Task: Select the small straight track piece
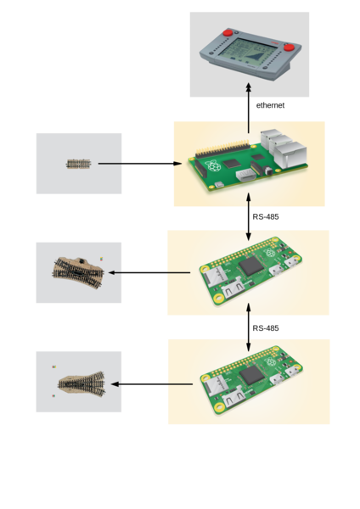click(x=78, y=164)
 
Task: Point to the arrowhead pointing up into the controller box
click(x=249, y=87)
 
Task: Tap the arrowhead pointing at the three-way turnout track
click(x=115, y=384)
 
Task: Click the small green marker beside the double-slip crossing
click(x=102, y=258)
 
